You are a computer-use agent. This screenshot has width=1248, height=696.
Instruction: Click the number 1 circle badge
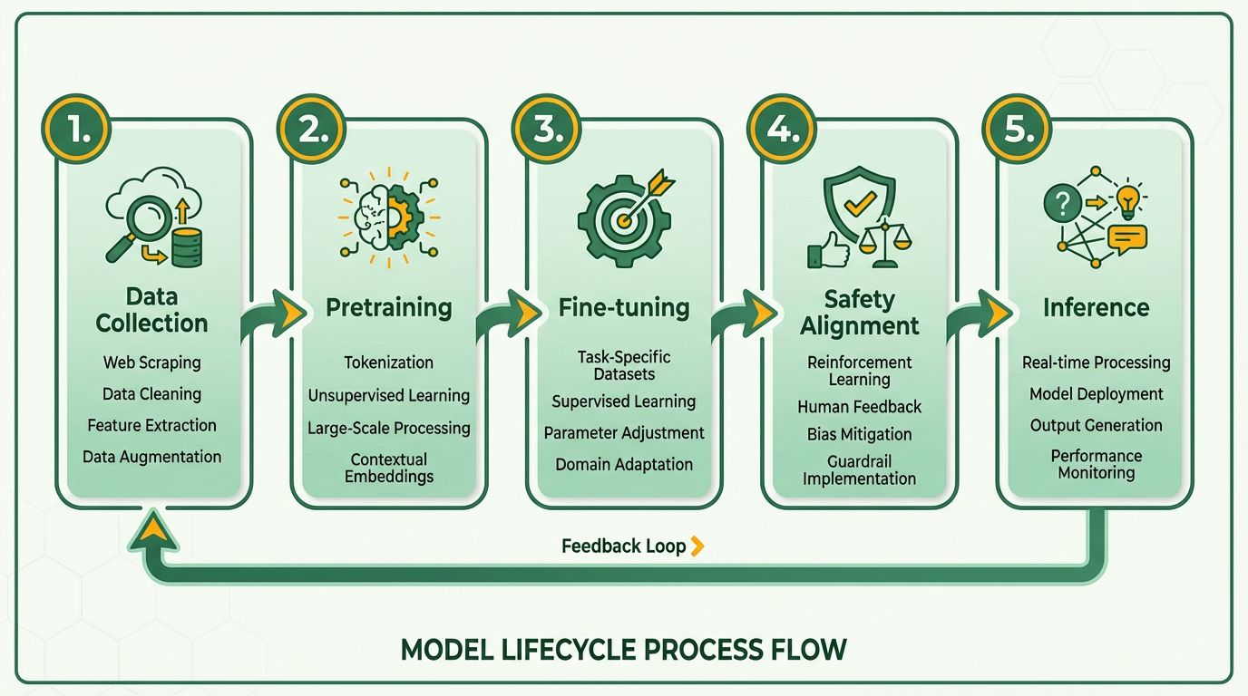click(x=75, y=130)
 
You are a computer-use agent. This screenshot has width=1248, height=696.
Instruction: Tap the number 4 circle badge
click(x=781, y=130)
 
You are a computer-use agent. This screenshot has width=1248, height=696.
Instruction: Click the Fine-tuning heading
click(x=624, y=308)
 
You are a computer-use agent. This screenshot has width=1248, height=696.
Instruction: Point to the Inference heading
click(x=1096, y=308)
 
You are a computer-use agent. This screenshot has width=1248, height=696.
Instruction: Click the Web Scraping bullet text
click(x=151, y=362)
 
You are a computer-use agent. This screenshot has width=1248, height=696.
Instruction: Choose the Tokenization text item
click(x=388, y=362)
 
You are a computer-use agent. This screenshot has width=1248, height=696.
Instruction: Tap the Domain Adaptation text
click(x=624, y=464)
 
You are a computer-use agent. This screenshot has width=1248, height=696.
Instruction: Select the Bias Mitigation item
click(x=859, y=434)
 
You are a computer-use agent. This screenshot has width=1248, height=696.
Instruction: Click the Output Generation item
click(x=1096, y=425)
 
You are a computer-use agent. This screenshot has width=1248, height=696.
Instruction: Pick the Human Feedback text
click(x=859, y=407)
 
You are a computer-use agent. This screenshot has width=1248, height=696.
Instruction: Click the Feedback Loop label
click(x=623, y=546)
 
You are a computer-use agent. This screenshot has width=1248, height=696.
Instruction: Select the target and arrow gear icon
click(x=624, y=217)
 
